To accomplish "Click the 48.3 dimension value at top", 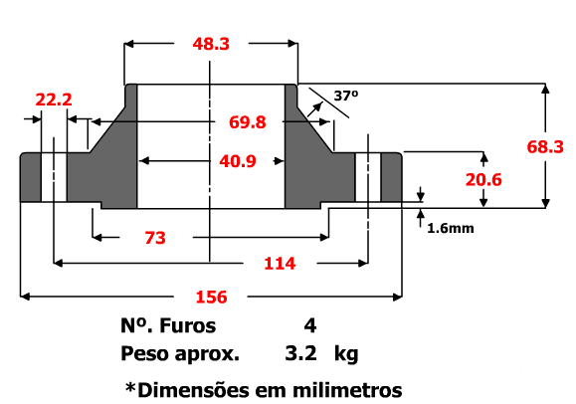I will click(x=210, y=43).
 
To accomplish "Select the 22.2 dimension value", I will click(x=54, y=100).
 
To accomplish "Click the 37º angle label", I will click(x=345, y=97).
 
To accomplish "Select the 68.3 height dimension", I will click(x=545, y=146).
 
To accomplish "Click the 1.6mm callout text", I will click(x=450, y=228).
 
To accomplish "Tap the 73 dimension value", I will click(x=154, y=238).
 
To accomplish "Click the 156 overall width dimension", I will click(x=211, y=297).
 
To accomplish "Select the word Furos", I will click(x=185, y=326).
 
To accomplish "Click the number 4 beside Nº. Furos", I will click(x=310, y=326).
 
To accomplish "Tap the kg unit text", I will click(x=347, y=353).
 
